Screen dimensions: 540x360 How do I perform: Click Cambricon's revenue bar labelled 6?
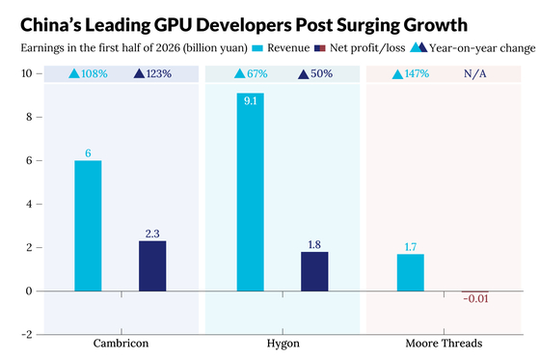coord(88,226)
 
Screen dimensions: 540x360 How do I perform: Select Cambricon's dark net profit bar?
coord(152,265)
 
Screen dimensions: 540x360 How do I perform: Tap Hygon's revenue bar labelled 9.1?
coord(251,192)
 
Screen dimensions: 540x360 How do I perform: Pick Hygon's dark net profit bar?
coord(314,271)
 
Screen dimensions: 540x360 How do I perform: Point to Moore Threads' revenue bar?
coord(411,272)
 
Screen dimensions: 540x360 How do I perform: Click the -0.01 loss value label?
coord(475,298)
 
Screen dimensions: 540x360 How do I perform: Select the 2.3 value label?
coord(152,234)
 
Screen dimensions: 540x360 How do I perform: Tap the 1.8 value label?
coord(314,245)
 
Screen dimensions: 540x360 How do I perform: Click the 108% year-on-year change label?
coord(94,73)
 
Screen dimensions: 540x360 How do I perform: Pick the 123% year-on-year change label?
coord(159,73)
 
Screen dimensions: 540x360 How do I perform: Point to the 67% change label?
coord(257,73)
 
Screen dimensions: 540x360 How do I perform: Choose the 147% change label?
coord(417,73)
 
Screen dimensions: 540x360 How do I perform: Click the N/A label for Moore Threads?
coord(474,73)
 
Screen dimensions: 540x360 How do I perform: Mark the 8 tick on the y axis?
coord(29,117)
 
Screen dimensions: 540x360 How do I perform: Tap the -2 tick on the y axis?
coord(27,335)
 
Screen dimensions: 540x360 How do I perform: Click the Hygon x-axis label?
coord(283,344)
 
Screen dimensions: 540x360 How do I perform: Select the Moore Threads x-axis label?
coord(444,344)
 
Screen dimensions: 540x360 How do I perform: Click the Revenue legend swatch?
coord(257,48)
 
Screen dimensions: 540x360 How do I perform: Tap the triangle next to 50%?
coord(304,74)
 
